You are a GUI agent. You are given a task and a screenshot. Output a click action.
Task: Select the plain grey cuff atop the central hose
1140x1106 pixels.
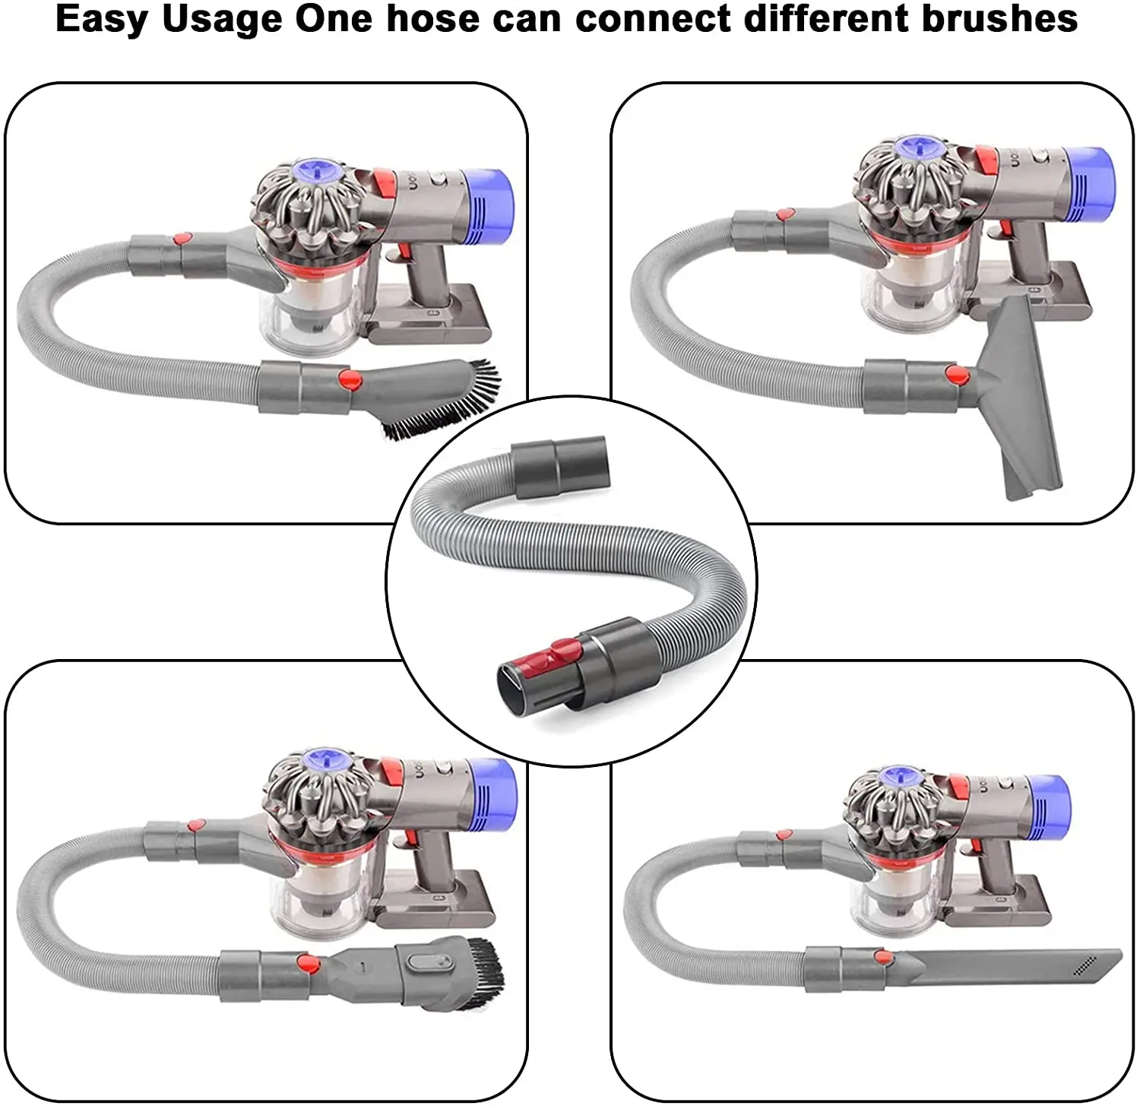(559, 465)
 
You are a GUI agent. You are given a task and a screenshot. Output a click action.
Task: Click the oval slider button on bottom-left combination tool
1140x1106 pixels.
(423, 962)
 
